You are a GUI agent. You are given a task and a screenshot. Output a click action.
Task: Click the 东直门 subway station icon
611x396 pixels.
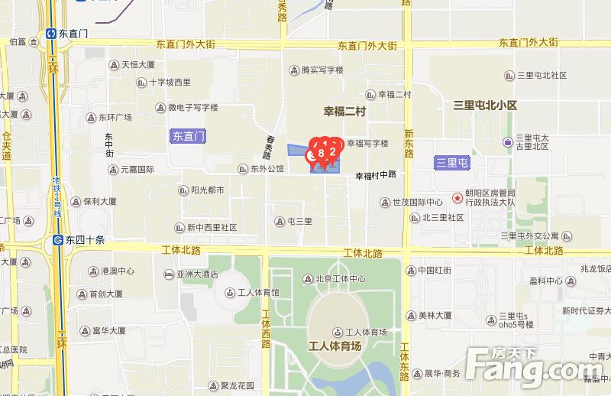[x=50, y=34]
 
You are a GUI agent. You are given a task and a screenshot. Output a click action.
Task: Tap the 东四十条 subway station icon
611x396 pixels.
[x=58, y=239]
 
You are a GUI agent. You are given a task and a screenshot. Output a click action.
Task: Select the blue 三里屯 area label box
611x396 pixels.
[x=451, y=162]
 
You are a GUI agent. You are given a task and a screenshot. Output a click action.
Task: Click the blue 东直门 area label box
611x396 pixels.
[x=187, y=137]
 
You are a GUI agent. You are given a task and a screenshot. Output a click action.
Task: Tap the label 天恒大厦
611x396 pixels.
[x=138, y=64]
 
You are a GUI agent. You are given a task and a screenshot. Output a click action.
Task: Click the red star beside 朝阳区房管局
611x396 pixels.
[x=457, y=198]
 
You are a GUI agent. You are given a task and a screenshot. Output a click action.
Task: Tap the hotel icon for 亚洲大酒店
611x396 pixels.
[x=168, y=274]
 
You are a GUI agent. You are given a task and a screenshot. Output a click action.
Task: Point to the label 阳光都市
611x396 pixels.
[x=207, y=190]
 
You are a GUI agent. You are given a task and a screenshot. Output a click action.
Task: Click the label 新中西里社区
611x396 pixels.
[x=212, y=227]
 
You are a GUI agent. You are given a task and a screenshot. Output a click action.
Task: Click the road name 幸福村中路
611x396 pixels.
[x=376, y=175]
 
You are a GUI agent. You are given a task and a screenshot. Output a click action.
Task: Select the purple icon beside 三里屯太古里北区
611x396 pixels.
[x=508, y=142]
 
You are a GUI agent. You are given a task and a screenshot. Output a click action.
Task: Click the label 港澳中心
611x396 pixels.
[x=117, y=271]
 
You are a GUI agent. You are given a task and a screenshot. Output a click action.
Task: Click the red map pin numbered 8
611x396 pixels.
[x=322, y=154]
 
